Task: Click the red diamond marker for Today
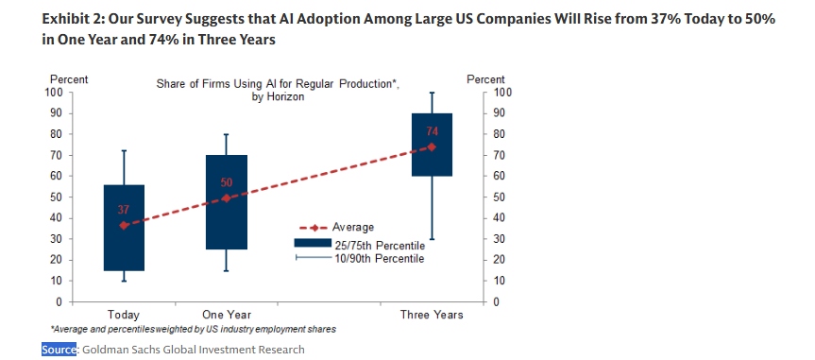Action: click(124, 225)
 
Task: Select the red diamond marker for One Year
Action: click(227, 197)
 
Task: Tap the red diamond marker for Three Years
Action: click(432, 146)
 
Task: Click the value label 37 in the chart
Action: click(124, 209)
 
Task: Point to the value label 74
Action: click(433, 130)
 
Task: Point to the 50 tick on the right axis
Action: click(501, 197)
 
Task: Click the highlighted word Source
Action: click(60, 349)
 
